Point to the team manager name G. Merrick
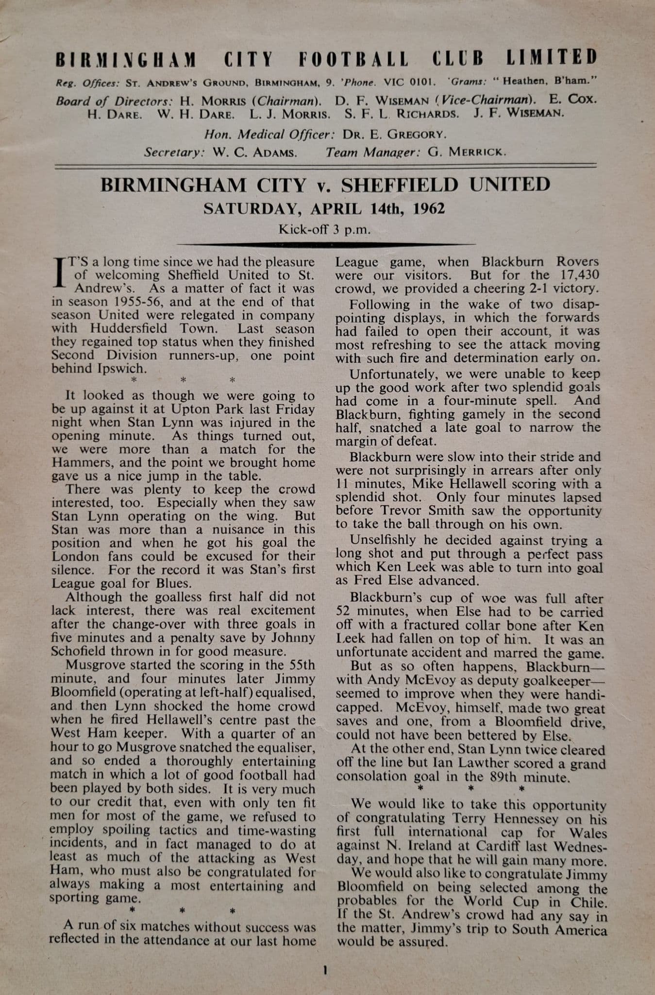[x=467, y=152]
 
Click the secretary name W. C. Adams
[x=254, y=153]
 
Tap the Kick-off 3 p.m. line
[x=324, y=229]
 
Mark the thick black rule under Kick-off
[x=326, y=244]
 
